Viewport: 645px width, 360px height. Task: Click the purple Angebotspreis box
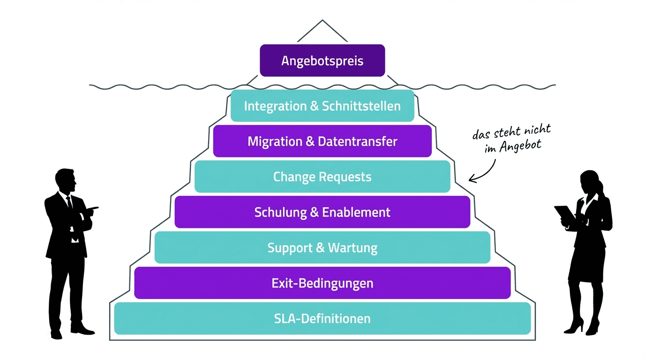pos(322,60)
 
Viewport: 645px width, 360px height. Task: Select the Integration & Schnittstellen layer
pos(322,106)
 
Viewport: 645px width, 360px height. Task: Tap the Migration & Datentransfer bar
pos(322,141)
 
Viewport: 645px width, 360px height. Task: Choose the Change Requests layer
pos(322,177)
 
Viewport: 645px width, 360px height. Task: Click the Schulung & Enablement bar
pos(322,212)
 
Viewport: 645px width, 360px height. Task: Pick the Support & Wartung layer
pos(322,247)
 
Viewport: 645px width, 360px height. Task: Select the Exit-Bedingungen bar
pos(322,283)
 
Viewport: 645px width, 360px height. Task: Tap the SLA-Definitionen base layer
pos(322,319)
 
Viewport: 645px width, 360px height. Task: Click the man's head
pos(65,180)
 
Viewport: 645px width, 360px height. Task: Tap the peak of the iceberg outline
pos(322,21)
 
